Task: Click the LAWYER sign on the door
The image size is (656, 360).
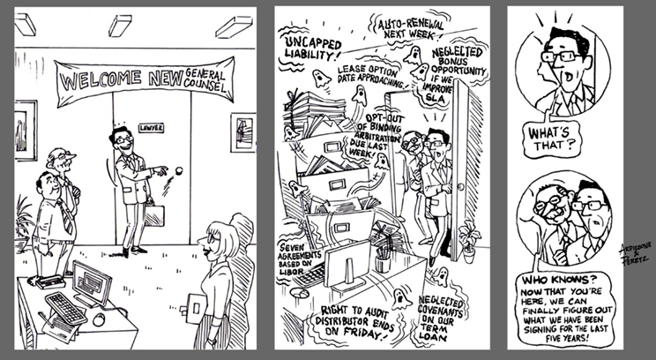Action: point(151,128)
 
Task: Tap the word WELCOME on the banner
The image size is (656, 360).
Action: point(101,79)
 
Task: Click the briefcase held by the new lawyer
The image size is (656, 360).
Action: point(154,215)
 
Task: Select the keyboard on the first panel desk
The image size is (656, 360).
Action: point(66,308)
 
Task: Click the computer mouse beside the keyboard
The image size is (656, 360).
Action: point(99,319)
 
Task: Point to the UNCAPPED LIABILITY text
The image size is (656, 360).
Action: point(313,48)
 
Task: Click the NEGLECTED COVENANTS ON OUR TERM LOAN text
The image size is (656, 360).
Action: point(441,319)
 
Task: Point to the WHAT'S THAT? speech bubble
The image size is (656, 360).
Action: point(549,139)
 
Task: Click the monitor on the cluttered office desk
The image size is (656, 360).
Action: point(347,264)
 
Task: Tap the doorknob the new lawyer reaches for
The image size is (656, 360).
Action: point(179,170)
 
